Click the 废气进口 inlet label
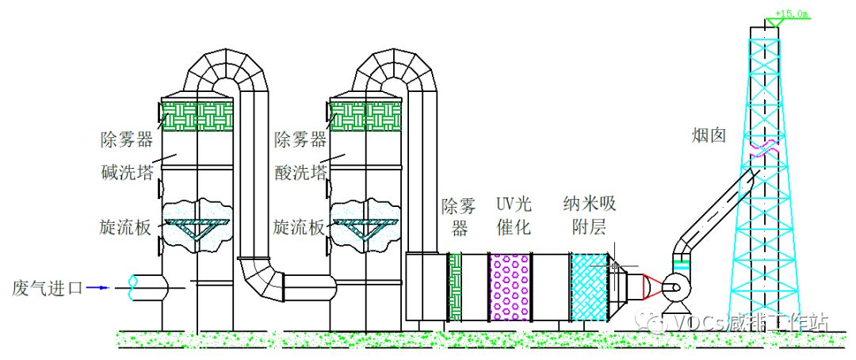point(48,287)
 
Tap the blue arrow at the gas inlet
point(98,287)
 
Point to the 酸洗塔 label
point(300,172)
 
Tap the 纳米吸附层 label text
point(589,216)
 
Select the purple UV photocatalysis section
point(510,285)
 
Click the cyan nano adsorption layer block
point(590,286)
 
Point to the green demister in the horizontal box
point(455,286)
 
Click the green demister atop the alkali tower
point(198,115)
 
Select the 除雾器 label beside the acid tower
point(300,141)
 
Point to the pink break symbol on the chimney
point(765,149)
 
